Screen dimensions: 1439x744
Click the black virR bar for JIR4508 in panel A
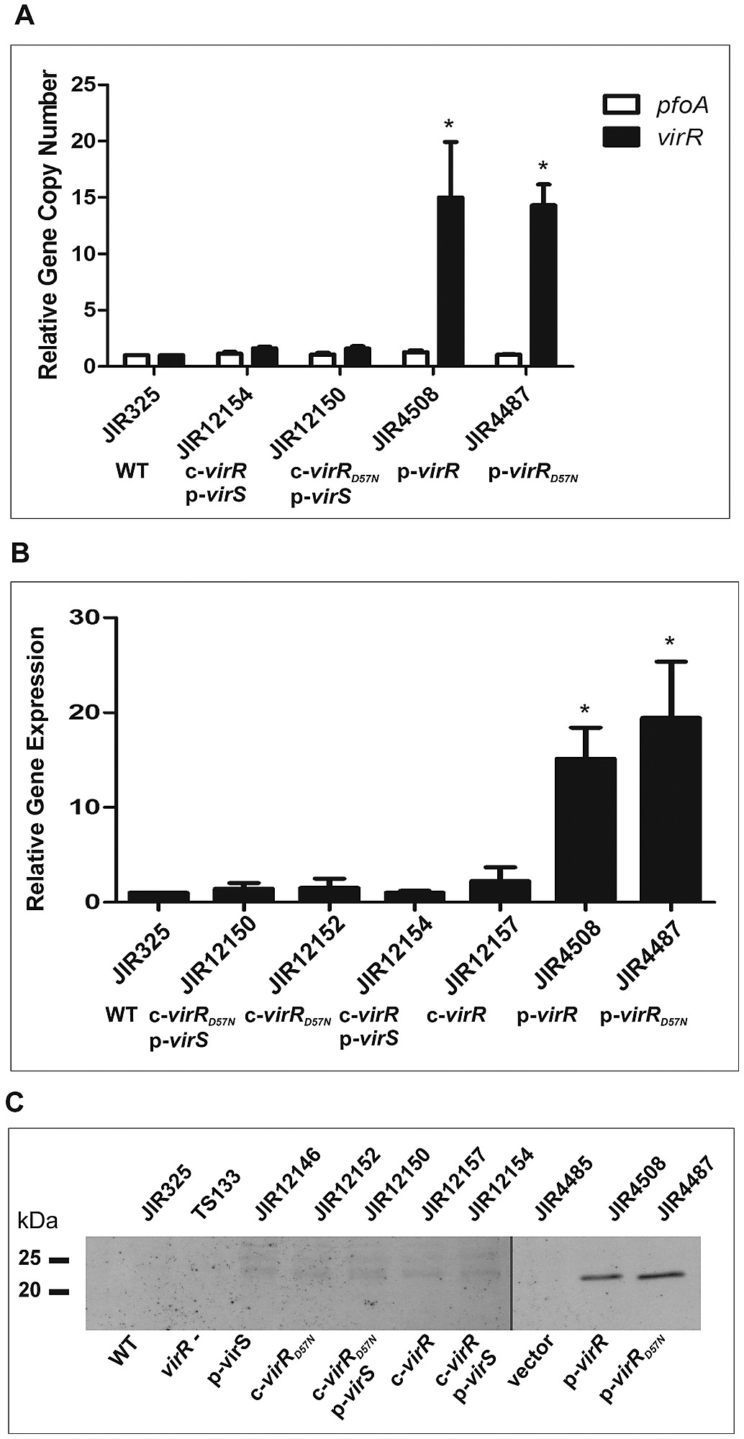tap(450, 281)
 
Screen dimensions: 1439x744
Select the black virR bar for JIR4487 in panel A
tap(543, 285)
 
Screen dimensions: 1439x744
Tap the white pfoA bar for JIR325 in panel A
tap(136, 360)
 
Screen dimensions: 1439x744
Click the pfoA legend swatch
tap(621, 106)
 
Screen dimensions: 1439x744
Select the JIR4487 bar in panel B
tap(670, 809)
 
